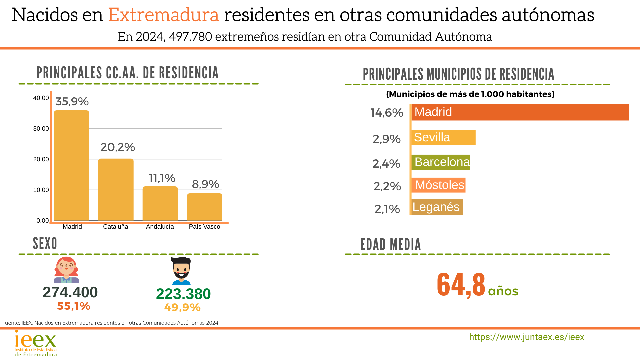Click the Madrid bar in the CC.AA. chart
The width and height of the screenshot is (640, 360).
[x=71, y=165]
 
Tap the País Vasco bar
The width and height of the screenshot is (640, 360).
[x=204, y=207]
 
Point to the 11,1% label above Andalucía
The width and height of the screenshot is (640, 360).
[x=162, y=178]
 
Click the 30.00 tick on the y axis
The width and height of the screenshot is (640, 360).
[x=41, y=129]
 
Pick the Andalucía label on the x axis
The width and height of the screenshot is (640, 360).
[x=160, y=227]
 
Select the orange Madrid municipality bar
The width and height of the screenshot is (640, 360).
[x=520, y=112]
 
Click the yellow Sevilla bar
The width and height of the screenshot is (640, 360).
[x=443, y=137]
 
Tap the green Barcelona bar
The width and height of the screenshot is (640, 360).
[x=441, y=162]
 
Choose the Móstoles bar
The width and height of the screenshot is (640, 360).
[x=439, y=185]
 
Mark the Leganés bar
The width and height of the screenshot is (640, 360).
[x=437, y=207]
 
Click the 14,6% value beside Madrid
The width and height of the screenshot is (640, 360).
[x=387, y=113]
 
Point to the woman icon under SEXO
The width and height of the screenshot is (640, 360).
[x=66, y=270]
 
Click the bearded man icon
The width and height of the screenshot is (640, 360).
[x=181, y=271]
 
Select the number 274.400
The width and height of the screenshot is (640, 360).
[x=70, y=292]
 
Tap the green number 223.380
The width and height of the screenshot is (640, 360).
[x=183, y=294]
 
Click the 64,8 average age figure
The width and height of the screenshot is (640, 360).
[x=461, y=285]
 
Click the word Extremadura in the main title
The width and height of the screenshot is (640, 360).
[x=163, y=15]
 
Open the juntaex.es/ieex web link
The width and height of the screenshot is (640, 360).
[x=526, y=337]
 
